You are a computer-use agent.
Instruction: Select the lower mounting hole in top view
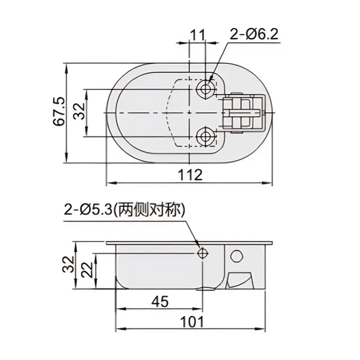point(206,136)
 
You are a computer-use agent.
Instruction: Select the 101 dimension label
point(193,321)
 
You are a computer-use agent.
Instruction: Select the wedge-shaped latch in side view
point(239,280)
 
